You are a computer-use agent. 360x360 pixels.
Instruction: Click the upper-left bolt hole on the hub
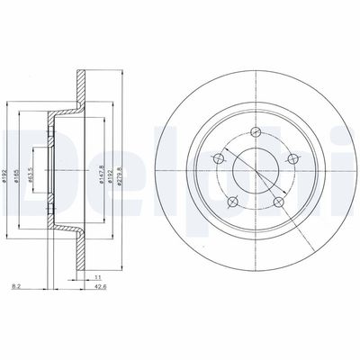[x=217, y=159]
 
